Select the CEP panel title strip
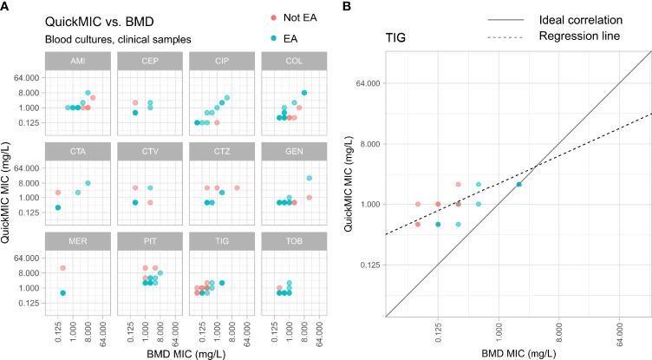147,61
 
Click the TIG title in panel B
399,38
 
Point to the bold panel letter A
6,7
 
